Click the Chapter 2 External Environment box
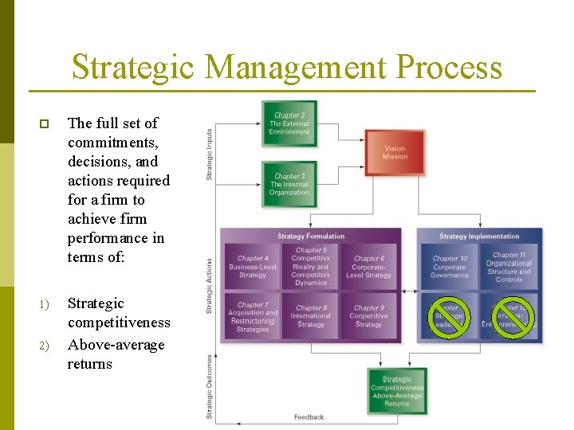click(x=289, y=123)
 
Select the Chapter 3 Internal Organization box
click(x=289, y=184)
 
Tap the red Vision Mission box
click(x=395, y=152)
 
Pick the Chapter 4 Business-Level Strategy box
click(x=253, y=267)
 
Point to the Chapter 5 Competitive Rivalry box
click(x=310, y=266)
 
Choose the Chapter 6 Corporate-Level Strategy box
click(x=369, y=267)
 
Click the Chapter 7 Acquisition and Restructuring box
click(x=253, y=316)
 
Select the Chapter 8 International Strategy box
click(x=310, y=316)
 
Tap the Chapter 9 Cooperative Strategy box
click(x=369, y=316)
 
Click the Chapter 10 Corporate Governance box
click(x=450, y=267)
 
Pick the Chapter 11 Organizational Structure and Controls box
click(x=509, y=267)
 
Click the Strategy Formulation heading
click(x=311, y=236)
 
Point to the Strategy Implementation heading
click(x=479, y=236)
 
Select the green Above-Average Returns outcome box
click(x=397, y=391)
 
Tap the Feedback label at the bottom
click(x=309, y=417)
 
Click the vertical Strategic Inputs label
click(x=210, y=154)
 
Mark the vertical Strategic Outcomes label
click(x=210, y=386)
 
